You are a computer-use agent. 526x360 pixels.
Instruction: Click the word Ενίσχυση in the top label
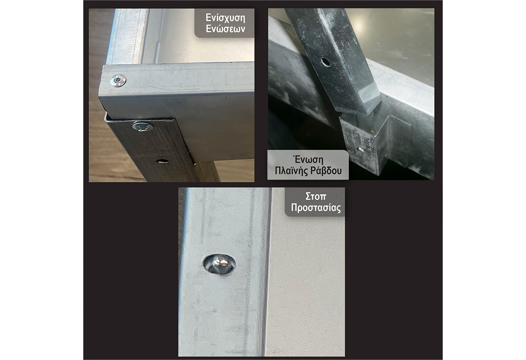[x=225, y=18]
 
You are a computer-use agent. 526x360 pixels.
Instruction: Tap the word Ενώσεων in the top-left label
[x=225, y=29]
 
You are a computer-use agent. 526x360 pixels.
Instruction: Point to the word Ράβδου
[x=326, y=171]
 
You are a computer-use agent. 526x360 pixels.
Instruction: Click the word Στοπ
[x=316, y=196]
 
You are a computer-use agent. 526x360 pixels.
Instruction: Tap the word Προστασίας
[x=316, y=208]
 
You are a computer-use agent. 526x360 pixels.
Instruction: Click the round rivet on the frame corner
[x=118, y=80]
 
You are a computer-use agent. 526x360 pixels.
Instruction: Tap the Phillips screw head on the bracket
[x=143, y=126]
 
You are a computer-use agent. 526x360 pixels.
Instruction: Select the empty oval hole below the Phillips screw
[x=163, y=161]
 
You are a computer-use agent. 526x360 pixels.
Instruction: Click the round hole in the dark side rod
[x=325, y=62]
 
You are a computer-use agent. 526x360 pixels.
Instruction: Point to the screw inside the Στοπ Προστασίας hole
[x=220, y=264]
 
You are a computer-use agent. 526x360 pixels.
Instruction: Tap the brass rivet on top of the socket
[x=372, y=129]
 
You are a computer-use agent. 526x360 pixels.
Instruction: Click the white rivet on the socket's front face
[x=359, y=149]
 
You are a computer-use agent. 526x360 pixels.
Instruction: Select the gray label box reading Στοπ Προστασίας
[x=315, y=202]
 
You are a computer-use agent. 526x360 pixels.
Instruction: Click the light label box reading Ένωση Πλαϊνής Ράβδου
[x=308, y=165]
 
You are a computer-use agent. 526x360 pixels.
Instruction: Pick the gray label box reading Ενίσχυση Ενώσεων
[x=224, y=23]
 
